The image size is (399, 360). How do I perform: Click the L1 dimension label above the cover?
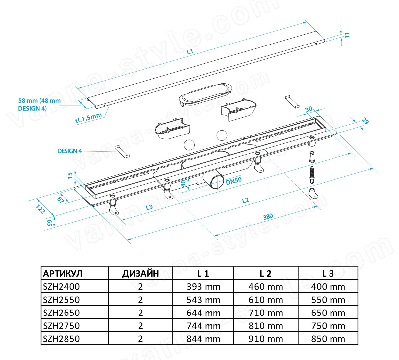[x=190, y=52]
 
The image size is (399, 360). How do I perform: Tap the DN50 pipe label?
[x=234, y=180]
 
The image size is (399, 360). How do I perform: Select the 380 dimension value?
[x=268, y=216]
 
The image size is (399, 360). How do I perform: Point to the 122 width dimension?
[x=40, y=209]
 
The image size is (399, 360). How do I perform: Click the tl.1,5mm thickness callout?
[x=88, y=118]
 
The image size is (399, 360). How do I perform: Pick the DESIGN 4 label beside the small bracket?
[x=69, y=151]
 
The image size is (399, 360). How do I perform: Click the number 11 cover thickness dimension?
[x=347, y=35]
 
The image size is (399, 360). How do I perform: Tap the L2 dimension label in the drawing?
[x=246, y=200]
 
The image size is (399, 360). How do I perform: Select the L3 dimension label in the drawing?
[x=149, y=207]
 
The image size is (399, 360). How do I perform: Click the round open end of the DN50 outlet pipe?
[x=218, y=182]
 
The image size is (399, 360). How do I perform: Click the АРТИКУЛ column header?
[x=63, y=274]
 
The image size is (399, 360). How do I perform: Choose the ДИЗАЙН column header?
[x=140, y=274]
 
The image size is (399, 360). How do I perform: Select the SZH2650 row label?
[x=61, y=313]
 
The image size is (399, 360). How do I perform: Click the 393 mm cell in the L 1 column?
[x=203, y=287]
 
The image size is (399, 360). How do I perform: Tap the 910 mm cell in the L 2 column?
[x=266, y=339]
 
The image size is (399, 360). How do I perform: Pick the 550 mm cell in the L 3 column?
[x=328, y=300]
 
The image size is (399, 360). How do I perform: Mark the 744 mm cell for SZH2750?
[x=203, y=326]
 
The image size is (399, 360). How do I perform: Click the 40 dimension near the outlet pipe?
[x=184, y=183]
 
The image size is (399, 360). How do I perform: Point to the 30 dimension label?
[x=309, y=109]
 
